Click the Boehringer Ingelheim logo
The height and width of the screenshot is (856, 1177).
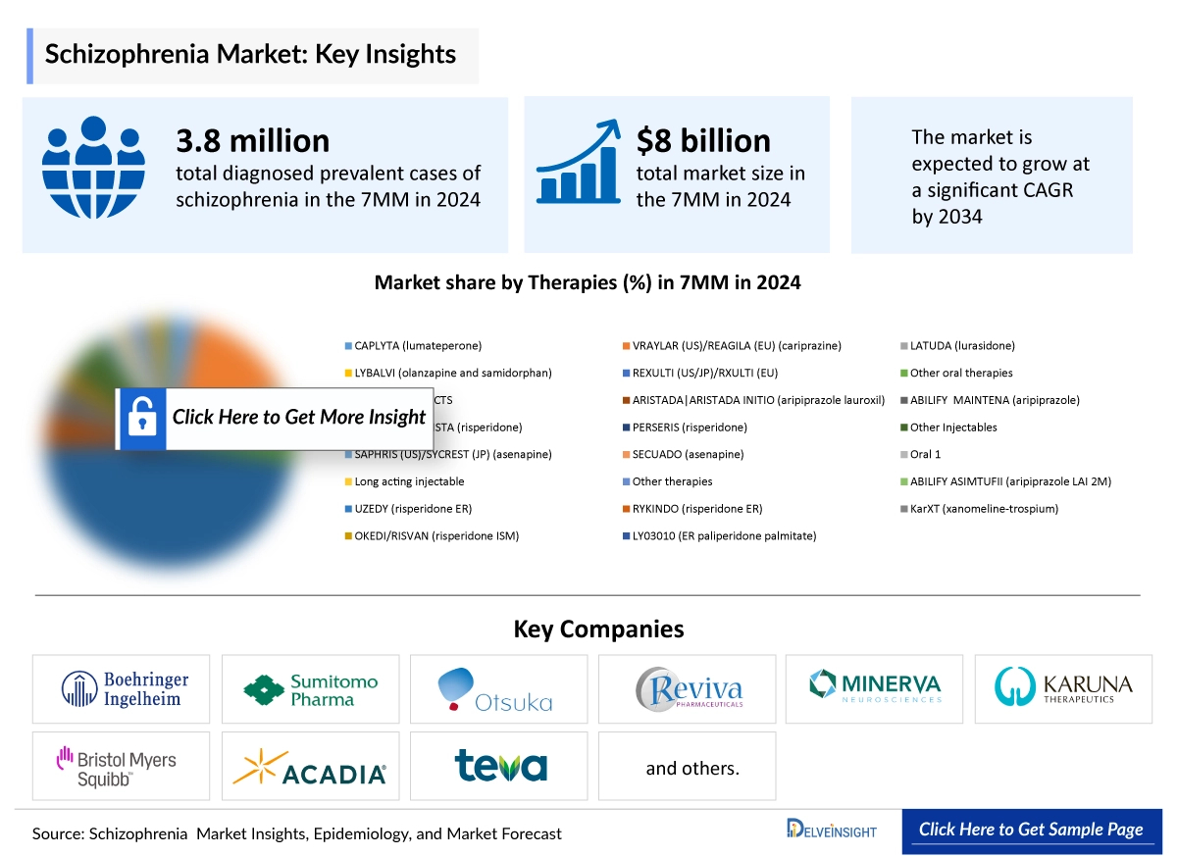click(121, 688)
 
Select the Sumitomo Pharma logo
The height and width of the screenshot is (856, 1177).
click(310, 689)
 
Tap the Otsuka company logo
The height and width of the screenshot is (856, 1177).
click(498, 689)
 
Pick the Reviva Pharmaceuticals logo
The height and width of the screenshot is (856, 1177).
click(687, 688)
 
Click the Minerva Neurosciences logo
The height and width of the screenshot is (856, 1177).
click(875, 686)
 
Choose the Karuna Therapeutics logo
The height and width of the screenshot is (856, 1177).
click(1063, 686)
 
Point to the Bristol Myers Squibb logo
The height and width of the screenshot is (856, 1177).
click(121, 766)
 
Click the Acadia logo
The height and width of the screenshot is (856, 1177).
click(310, 766)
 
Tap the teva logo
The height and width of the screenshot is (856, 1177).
click(499, 766)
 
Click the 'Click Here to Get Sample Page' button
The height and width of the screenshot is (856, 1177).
click(1031, 830)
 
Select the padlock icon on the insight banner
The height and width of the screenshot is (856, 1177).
click(141, 419)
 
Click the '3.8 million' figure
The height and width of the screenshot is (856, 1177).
click(252, 141)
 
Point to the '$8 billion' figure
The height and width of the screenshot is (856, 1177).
click(703, 141)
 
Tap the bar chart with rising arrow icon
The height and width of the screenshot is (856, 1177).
click(579, 162)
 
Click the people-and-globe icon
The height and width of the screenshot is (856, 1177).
click(93, 167)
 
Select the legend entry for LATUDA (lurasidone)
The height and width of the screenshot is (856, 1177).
click(961, 346)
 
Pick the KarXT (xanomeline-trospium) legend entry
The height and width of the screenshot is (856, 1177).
click(983, 509)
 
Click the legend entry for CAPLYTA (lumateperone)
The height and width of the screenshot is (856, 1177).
click(417, 346)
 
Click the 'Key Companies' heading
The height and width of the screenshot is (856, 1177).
click(598, 629)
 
